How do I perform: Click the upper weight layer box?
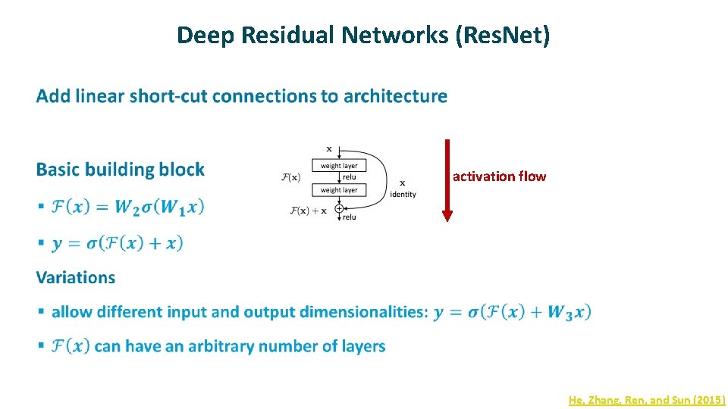coord(338,165)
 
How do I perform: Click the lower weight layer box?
coord(338,190)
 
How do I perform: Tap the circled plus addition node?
coord(338,209)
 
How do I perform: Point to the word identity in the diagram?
coord(403,195)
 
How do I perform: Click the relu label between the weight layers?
coord(350,177)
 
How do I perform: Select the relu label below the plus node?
coord(350,218)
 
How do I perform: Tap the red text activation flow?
coord(499,176)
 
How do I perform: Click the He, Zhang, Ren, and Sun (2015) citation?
coord(647,399)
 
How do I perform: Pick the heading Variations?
coord(76,277)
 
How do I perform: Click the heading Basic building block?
coord(120,169)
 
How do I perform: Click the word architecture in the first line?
coord(395,96)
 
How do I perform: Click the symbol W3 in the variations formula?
coord(560,312)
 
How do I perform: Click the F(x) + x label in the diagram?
coord(308,211)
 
